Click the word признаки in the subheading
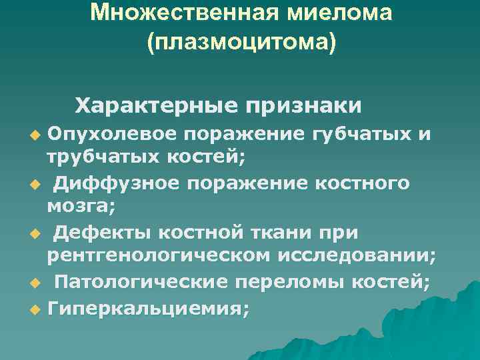(303, 105)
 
